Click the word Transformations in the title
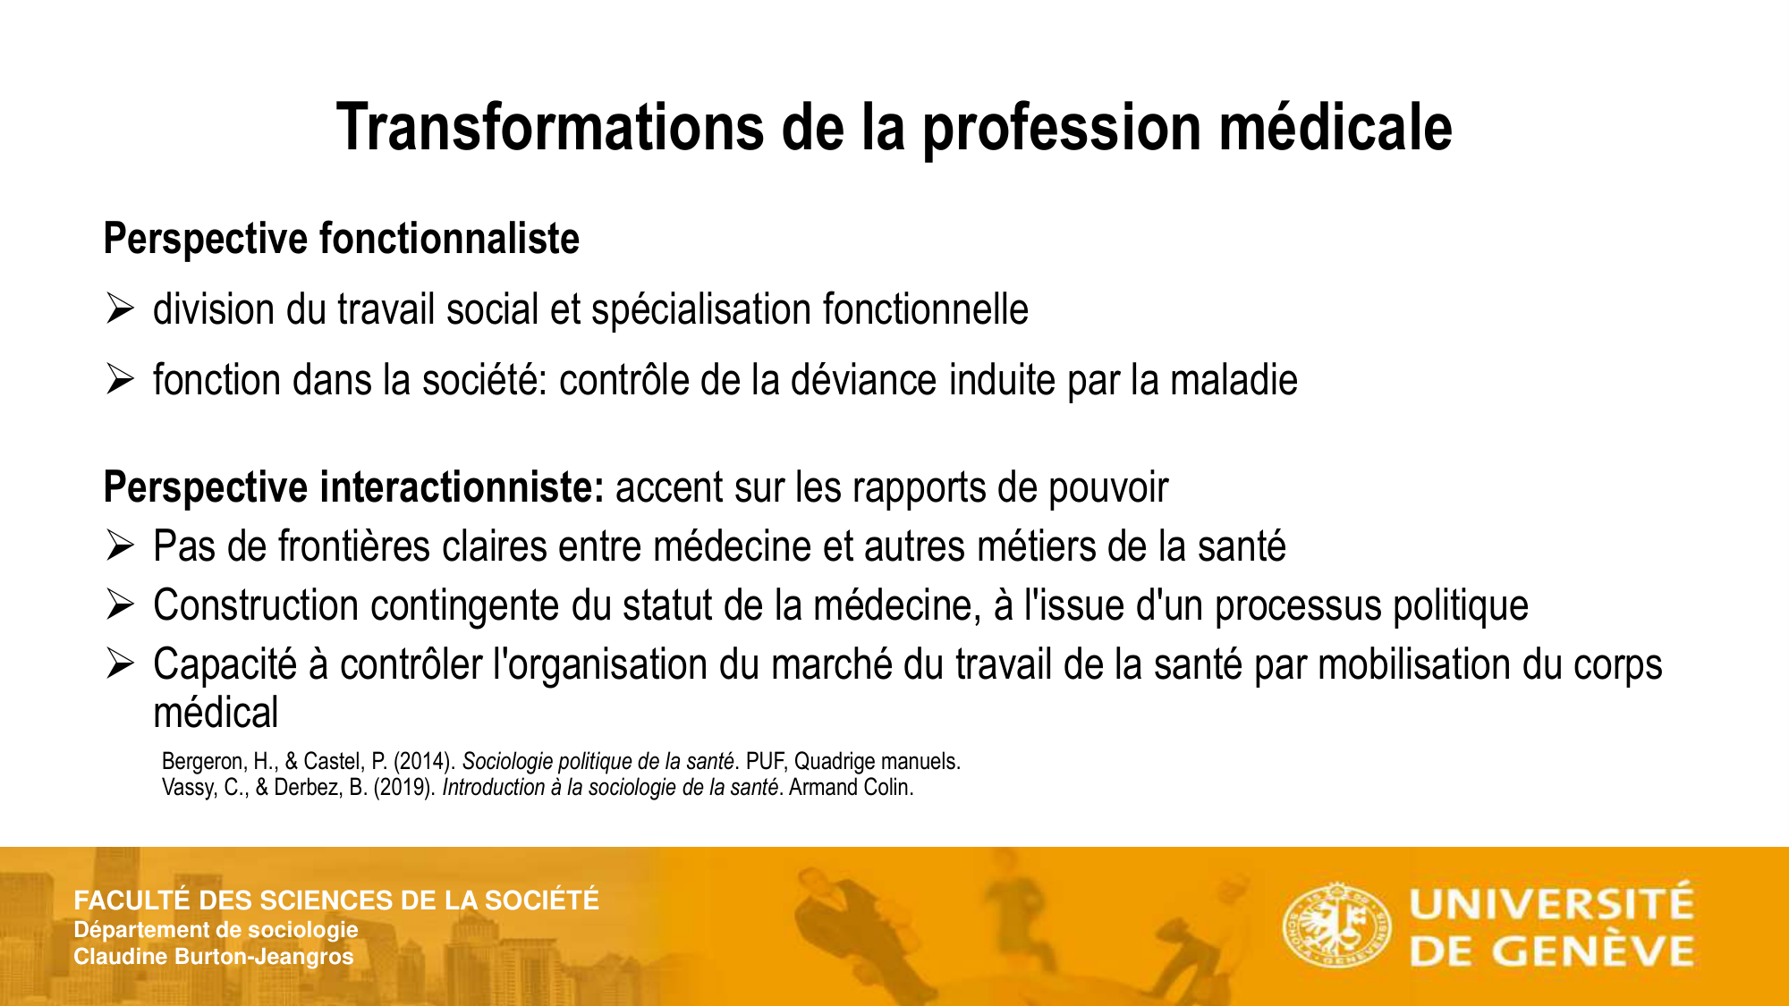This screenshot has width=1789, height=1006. point(549,128)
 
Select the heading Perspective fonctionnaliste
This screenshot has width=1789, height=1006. point(342,240)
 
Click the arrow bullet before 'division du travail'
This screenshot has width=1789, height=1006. point(120,309)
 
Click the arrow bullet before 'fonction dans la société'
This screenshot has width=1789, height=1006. point(120,380)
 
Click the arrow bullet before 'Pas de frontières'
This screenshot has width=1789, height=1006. point(120,545)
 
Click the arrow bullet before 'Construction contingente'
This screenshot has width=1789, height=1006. point(120,604)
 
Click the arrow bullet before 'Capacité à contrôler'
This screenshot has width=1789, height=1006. point(120,664)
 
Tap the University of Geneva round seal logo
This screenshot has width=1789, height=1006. point(1336,926)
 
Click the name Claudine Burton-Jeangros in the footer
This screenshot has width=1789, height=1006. point(214,957)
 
